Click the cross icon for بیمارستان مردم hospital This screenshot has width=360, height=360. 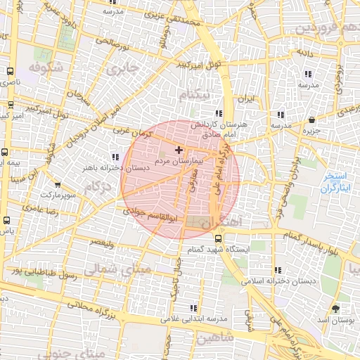pyautogui.click(x=179, y=150)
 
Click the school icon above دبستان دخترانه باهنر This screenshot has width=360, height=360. pyautogui.click(x=115, y=157)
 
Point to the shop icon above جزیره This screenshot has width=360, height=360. pyautogui.click(x=312, y=120)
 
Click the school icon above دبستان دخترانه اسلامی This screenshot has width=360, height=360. pyautogui.click(x=279, y=270)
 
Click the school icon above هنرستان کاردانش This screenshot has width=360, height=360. pyautogui.click(x=219, y=112)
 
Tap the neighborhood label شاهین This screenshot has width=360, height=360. pyautogui.click(x=216, y=338)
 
